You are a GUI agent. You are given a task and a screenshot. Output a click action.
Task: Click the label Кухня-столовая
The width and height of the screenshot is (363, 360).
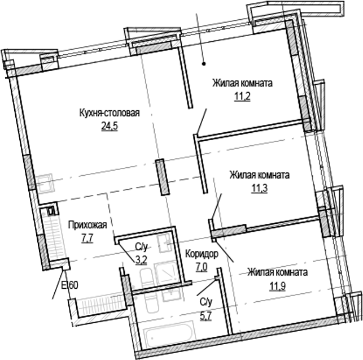coord(109,113)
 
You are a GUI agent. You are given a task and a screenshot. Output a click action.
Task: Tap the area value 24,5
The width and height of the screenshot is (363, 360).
coord(109,126)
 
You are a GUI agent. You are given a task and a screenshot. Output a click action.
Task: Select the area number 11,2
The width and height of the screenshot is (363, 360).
coord(242,96)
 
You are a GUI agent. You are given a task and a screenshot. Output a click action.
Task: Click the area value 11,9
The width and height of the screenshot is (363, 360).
coord(277,284)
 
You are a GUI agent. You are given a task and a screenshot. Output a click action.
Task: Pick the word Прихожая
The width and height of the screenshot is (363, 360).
coord(87,225)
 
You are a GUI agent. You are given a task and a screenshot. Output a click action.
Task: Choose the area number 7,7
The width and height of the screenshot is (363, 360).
coord(87,238)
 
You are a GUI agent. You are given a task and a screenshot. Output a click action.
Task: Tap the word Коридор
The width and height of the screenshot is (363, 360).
coord(202,253)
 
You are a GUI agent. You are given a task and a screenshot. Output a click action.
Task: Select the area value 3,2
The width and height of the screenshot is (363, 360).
coord(141,260)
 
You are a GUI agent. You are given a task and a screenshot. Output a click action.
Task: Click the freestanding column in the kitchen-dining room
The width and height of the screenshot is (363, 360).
coord(161,177)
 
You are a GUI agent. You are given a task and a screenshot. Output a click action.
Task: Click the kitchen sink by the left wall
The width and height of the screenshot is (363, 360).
coord(45,183)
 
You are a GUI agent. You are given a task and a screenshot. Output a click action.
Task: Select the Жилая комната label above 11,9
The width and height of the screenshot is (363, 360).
coord(277,272)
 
